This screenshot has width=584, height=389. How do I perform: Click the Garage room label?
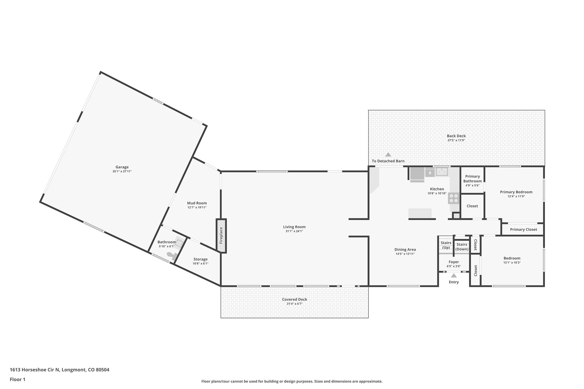pos(122,167)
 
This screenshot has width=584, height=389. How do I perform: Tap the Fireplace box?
pos(221,236)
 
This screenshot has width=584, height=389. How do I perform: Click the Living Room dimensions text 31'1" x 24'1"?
pos(294,231)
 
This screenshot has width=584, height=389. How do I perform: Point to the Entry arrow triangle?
pos(454,276)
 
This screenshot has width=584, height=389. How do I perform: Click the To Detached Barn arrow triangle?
pos(388,154)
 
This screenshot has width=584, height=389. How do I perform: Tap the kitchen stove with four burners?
pos(454,198)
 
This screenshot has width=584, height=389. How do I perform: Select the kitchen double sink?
pos(442,172)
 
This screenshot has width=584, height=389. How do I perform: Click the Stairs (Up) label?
pos(446,245)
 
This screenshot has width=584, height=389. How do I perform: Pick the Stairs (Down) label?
pos(462,247)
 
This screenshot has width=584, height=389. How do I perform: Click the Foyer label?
pos(454,262)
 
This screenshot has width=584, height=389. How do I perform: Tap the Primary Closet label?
pos(523,229)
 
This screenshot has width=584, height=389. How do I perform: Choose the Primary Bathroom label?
pos(473,179)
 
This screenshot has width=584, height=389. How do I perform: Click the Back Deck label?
pos(456,136)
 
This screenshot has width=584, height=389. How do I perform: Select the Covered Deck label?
pos(294,299)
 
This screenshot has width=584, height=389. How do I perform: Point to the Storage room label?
pos(200,259)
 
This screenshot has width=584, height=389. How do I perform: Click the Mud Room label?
pos(197,203)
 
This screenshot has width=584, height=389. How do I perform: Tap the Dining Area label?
pos(405,249)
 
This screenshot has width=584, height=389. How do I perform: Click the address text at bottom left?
pos(59,370)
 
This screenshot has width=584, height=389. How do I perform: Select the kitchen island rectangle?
pos(420,213)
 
